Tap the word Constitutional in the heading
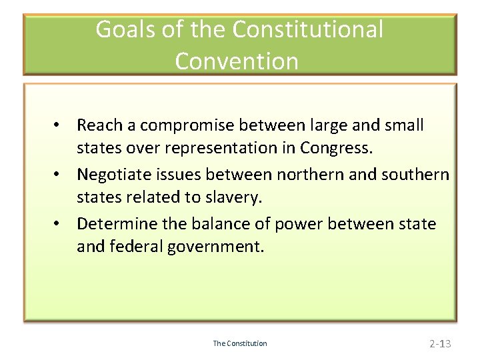307,30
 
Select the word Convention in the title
237,61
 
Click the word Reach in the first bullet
99,125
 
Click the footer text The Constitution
240,343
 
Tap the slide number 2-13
440,344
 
